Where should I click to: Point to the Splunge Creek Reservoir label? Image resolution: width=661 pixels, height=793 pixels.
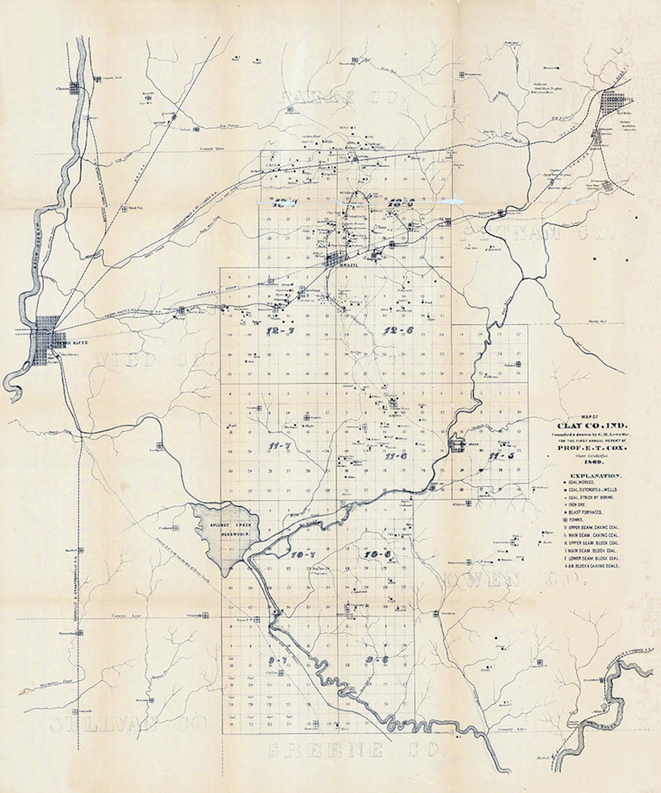228,530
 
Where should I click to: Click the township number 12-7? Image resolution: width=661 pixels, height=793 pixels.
284,331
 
